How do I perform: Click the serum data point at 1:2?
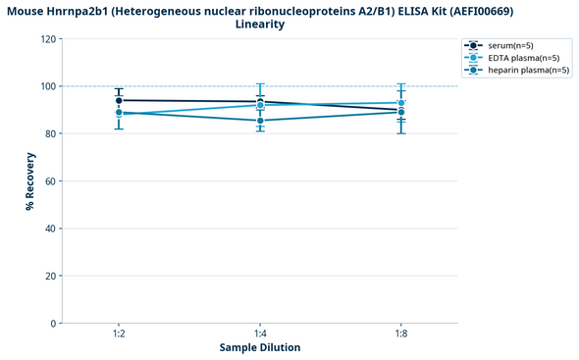[x=119, y=100]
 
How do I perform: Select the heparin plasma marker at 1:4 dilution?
[x=260, y=121]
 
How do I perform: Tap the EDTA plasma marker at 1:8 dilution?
[x=401, y=103]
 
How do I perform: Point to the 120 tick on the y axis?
[x=47, y=39]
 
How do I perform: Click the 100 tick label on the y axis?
[x=47, y=86]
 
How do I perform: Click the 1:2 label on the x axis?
[x=119, y=334]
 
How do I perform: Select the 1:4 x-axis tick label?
[x=260, y=334]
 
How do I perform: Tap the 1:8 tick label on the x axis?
[x=401, y=334]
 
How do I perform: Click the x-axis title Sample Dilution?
[x=260, y=348]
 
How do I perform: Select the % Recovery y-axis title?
[x=30, y=181]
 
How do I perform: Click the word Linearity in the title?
[x=260, y=24]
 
